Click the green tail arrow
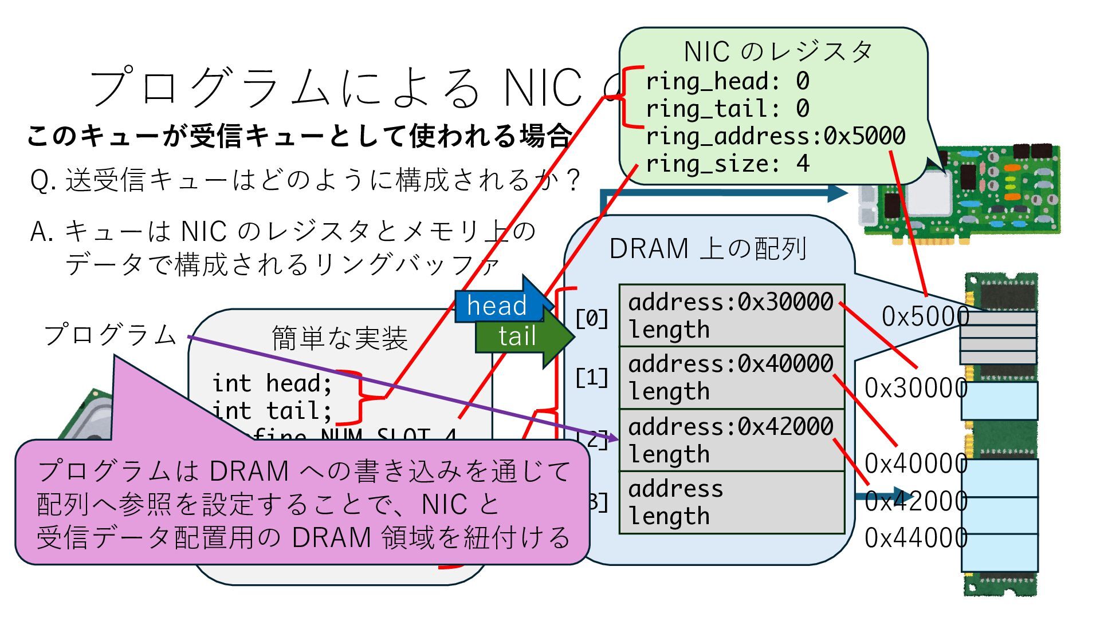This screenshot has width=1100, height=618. [518, 336]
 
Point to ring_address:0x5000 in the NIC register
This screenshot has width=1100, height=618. [775, 136]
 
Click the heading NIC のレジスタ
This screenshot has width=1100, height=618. [777, 52]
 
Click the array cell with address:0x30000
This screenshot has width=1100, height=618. [732, 315]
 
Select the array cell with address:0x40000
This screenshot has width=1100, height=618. [732, 377]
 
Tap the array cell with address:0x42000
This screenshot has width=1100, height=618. [732, 440]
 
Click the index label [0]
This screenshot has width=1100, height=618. [592, 318]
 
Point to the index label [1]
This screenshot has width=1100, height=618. [592, 378]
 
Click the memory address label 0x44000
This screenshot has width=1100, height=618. [916, 538]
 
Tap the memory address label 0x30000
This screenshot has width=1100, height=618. [916, 388]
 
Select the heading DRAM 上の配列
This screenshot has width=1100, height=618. [708, 249]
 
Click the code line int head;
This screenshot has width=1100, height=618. [272, 383]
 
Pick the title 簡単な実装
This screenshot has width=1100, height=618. [339, 338]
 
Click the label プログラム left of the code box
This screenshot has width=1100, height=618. [110, 334]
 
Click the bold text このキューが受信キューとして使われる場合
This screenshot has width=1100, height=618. [299, 136]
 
